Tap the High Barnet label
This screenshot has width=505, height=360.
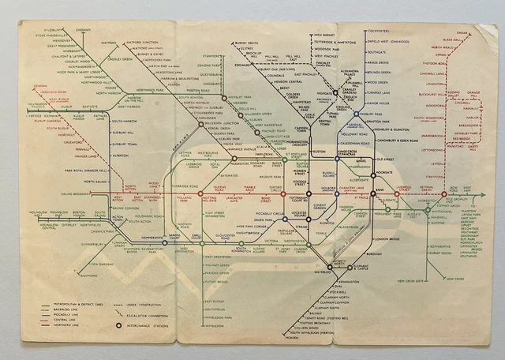click(x=324, y=35)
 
